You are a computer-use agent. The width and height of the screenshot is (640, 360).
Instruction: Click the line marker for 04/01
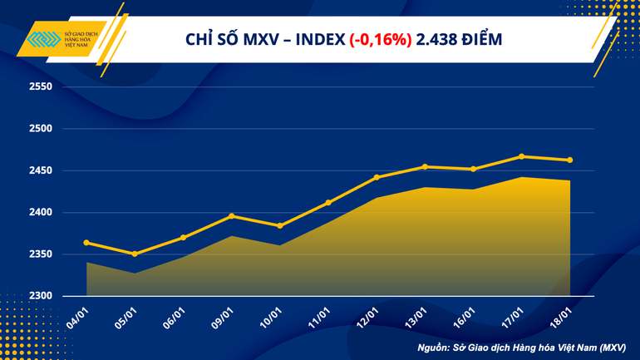tap(86, 243)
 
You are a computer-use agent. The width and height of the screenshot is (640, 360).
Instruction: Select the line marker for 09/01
tap(232, 216)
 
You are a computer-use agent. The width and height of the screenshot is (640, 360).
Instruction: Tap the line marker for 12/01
tap(377, 177)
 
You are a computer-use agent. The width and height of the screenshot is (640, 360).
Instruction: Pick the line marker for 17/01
tap(521, 156)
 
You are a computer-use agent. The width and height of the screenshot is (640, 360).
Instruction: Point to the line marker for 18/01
tap(570, 160)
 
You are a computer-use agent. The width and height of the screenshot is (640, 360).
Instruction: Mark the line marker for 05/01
tap(135, 254)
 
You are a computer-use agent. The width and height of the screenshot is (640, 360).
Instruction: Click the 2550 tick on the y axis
tap(40, 87)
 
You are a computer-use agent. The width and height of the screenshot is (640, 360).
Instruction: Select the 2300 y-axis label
tap(40, 296)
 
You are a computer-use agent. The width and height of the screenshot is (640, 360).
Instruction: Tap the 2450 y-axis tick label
tap(40, 170)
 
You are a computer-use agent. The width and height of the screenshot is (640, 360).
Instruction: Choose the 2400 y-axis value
tap(40, 213)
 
